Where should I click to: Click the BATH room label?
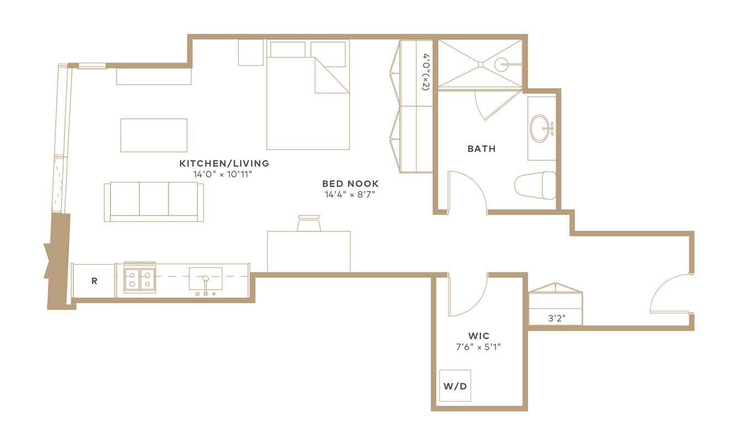(x=481, y=149)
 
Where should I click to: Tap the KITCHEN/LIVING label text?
(x=224, y=164)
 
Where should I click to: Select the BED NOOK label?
(x=350, y=183)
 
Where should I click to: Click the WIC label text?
(x=479, y=336)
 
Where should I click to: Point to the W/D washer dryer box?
(x=455, y=386)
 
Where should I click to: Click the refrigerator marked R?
(x=93, y=281)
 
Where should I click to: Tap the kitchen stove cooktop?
(x=140, y=279)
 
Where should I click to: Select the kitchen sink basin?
(x=205, y=278)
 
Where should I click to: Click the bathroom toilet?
(x=535, y=185)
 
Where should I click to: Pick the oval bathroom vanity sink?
(x=540, y=129)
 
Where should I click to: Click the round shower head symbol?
(x=502, y=65)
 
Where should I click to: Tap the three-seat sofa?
(x=154, y=202)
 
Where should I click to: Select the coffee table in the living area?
(x=154, y=135)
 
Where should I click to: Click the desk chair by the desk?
(x=309, y=223)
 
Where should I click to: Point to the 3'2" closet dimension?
(x=557, y=318)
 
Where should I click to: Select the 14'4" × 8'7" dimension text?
(x=350, y=194)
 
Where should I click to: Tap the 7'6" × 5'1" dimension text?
(x=478, y=347)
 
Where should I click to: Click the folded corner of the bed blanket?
(x=332, y=75)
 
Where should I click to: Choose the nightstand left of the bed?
(x=251, y=52)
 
